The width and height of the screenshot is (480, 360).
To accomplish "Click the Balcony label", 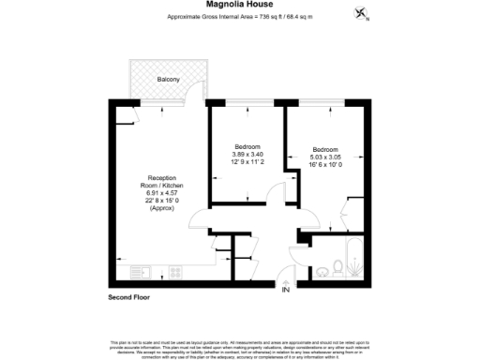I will [x=169, y=80].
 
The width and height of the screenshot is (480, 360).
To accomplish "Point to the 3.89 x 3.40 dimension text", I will [x=248, y=155].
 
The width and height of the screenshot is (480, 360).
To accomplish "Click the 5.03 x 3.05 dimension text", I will [x=326, y=155].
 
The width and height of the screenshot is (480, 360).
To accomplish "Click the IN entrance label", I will [x=285, y=290].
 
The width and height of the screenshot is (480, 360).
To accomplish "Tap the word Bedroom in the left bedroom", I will [x=248, y=147].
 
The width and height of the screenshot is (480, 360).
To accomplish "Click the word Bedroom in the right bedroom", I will [x=326, y=148].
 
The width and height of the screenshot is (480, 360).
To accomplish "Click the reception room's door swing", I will [x=199, y=221].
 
